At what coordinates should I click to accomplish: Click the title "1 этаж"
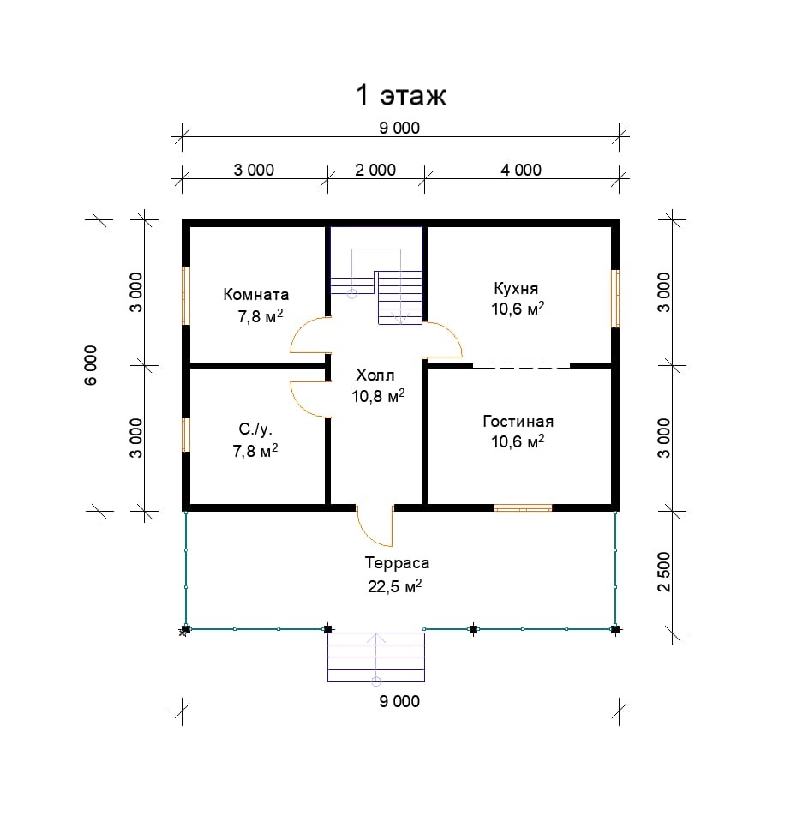point(400,96)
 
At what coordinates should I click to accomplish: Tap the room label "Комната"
point(256,295)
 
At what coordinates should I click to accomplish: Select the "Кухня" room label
point(516,288)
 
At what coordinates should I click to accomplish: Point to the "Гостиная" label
point(518,421)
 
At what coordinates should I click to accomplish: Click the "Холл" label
point(375,375)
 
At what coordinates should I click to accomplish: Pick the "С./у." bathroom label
point(255,429)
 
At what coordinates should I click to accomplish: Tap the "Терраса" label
point(397,563)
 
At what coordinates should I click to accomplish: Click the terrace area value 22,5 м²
point(395,586)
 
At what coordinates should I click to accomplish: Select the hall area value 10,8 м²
point(378,396)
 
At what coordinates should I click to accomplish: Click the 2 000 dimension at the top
point(375,171)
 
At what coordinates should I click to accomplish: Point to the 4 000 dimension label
point(521,171)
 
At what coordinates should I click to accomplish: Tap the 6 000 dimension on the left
point(91,365)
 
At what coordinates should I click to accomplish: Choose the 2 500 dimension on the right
point(664,572)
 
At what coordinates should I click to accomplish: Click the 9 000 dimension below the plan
point(399,701)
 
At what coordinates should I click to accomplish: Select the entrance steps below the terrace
point(376,657)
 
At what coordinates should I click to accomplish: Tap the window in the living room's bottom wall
point(523,508)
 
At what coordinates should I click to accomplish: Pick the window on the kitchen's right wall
point(615,298)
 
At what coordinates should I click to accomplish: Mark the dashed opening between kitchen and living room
point(521,365)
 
